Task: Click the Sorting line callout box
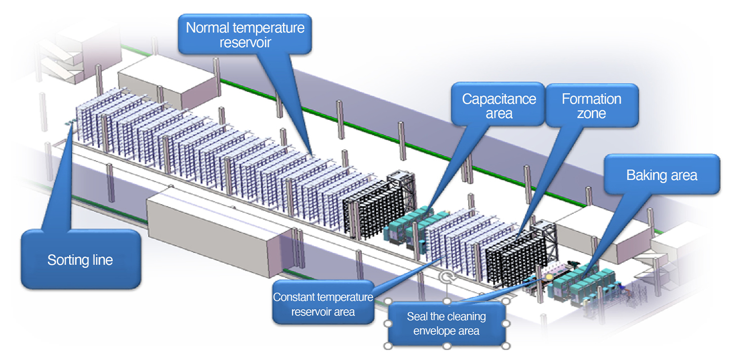tap(81, 259)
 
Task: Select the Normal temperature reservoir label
tap(245, 35)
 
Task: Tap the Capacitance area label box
tap(499, 106)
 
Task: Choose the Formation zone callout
tap(591, 106)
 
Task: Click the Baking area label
tap(661, 175)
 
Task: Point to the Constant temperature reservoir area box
tap(323, 304)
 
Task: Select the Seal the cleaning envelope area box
tap(447, 323)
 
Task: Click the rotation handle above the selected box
tap(447, 278)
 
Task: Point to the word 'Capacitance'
tap(499, 99)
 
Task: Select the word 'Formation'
tap(591, 99)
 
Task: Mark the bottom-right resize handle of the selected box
tap(506, 346)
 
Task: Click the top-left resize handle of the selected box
tap(388, 301)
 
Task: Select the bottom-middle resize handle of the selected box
tap(447, 346)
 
